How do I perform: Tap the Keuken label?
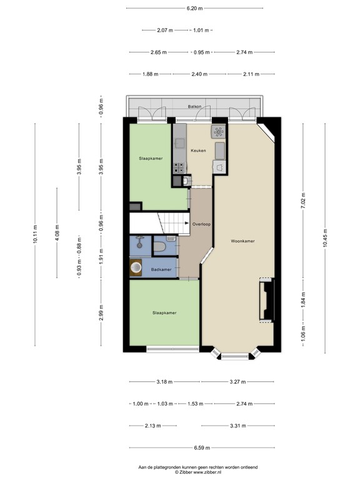pos(199,151)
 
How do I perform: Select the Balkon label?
pos(195,107)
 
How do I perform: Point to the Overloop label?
pos(201,223)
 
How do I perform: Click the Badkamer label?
pos(161,269)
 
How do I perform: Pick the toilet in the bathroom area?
pos(159,248)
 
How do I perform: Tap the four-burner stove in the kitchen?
pos(179,167)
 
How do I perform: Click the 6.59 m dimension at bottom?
pos(202,447)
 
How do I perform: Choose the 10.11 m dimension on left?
pos(35,236)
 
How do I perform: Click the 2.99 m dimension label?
pos(101,312)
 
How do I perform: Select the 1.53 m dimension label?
pos(195,404)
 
